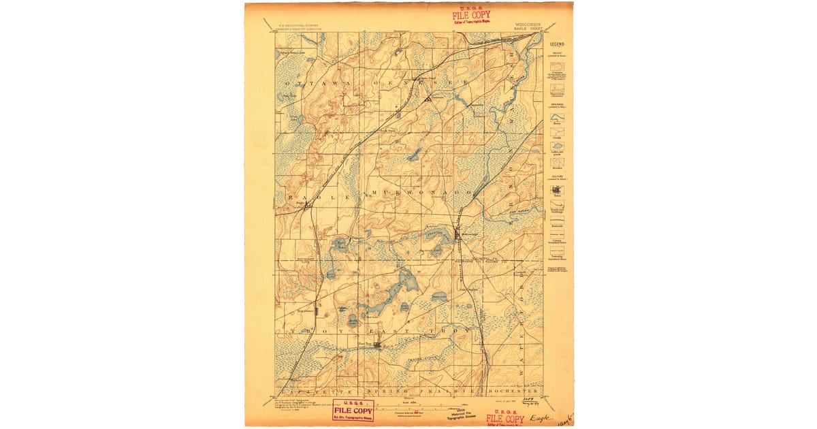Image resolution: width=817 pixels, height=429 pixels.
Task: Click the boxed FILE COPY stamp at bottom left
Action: click(353, 411)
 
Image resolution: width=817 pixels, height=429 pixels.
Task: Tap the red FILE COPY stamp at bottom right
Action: click(505, 418)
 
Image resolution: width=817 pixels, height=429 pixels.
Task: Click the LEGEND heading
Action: click(557, 44)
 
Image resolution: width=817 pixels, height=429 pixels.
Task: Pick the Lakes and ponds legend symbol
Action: click(557, 146)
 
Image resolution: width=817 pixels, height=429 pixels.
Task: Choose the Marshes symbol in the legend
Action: click(557, 161)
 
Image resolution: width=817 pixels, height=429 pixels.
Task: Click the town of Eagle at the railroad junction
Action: click(300, 204)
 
